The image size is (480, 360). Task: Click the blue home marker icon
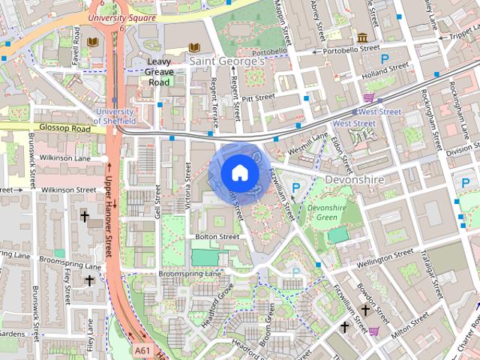(238, 173)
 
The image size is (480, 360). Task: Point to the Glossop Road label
(64, 129)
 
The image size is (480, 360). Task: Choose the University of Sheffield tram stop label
(115, 116)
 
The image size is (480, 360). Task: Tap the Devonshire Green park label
(326, 212)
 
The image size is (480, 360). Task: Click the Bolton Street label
(217, 237)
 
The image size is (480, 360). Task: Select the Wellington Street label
(385, 257)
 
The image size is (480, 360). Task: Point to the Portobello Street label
(351, 50)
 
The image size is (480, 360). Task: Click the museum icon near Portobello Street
(362, 37)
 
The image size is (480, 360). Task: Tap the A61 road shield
(143, 350)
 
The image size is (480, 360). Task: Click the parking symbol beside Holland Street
(385, 58)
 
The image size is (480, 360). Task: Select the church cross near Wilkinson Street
(85, 217)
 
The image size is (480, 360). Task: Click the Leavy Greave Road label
(160, 72)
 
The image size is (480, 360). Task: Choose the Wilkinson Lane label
(66, 159)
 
